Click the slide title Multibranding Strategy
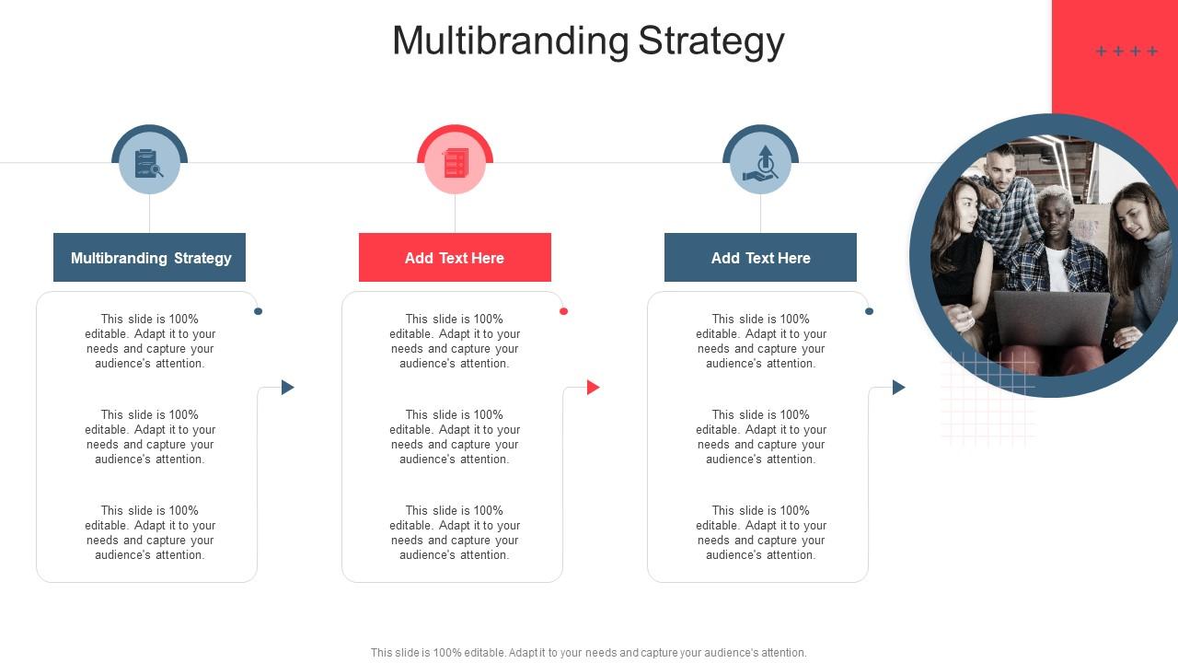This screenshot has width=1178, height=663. tap(588, 41)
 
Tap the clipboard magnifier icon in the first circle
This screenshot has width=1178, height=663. tap(149, 164)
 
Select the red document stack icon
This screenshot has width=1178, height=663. tap(456, 164)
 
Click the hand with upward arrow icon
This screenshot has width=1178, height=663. tap(761, 163)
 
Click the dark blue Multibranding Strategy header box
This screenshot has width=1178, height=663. tap(150, 258)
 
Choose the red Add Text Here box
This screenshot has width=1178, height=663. tap(455, 258)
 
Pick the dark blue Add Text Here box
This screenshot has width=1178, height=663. tap(760, 258)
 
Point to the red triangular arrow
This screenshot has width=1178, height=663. tap(593, 388)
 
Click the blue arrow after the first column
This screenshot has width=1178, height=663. tap(287, 388)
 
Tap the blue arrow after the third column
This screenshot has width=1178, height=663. tap(898, 388)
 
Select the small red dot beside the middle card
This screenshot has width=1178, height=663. tap(563, 311)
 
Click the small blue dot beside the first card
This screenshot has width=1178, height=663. tap(258, 311)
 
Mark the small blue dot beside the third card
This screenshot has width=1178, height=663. tap(869, 311)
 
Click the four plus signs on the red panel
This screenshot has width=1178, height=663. tap(1126, 52)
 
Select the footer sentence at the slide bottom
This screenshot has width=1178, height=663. tap(588, 653)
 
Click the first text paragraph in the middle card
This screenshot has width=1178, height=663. tap(455, 342)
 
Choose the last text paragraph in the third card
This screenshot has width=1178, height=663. tap(760, 533)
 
